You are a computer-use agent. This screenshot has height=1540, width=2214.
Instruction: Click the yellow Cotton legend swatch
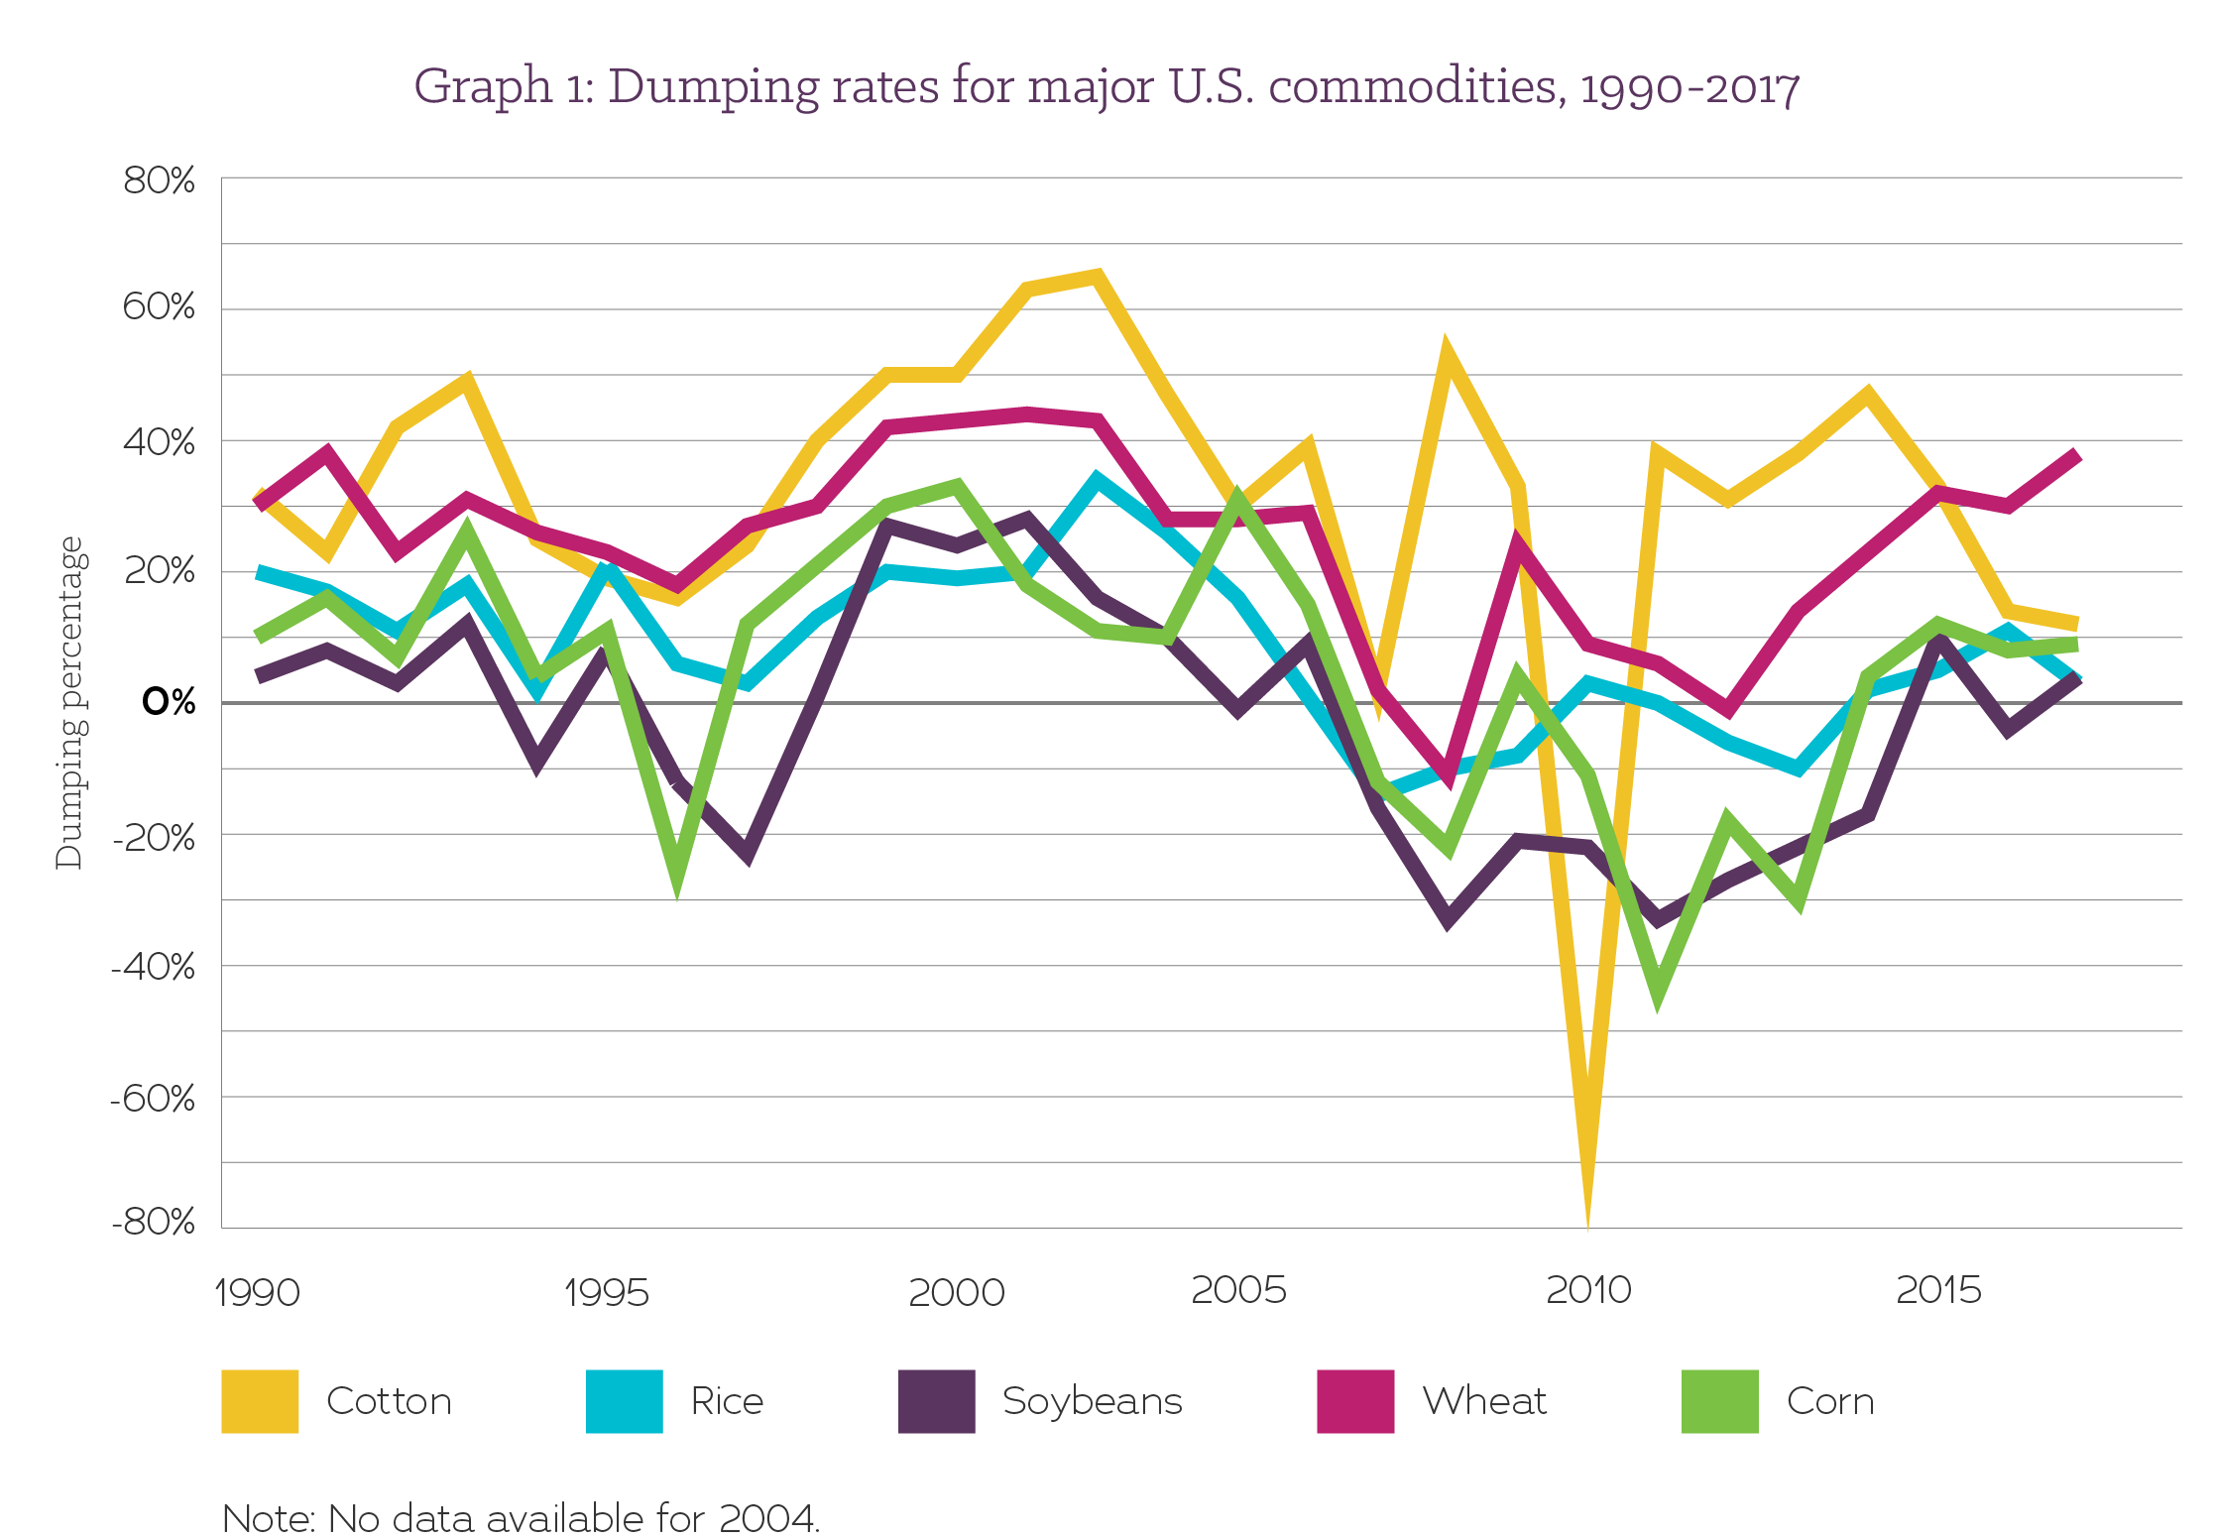click(x=260, y=1400)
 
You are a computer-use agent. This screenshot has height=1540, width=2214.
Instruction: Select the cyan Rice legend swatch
click(x=624, y=1400)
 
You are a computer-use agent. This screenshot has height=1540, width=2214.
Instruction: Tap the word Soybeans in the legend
click(x=1092, y=1400)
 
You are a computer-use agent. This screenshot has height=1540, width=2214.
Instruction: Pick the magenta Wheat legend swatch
click(x=1354, y=1400)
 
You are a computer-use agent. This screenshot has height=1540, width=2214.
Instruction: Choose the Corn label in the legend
click(x=1829, y=1400)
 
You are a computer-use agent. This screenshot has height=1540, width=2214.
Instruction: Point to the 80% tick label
click(x=159, y=180)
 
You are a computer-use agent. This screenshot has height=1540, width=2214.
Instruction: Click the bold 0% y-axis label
click(x=169, y=701)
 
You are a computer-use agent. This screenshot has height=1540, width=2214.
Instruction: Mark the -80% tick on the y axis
click(x=154, y=1221)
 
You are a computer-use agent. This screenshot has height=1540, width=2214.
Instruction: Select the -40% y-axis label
click(x=154, y=966)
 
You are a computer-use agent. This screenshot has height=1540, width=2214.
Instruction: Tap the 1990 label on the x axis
click(x=257, y=1292)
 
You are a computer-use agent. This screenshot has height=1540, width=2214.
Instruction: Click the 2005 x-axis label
click(x=1238, y=1289)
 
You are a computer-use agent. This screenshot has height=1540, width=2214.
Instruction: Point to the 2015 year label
click(x=1938, y=1289)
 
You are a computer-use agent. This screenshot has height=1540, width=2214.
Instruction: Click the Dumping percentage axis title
click(x=69, y=702)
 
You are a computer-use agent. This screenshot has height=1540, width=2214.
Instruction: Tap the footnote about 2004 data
click(x=521, y=1518)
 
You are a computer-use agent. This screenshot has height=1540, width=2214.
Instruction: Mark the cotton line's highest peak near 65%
click(x=1097, y=276)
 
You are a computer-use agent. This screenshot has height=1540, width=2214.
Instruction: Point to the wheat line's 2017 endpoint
click(x=2074, y=457)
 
